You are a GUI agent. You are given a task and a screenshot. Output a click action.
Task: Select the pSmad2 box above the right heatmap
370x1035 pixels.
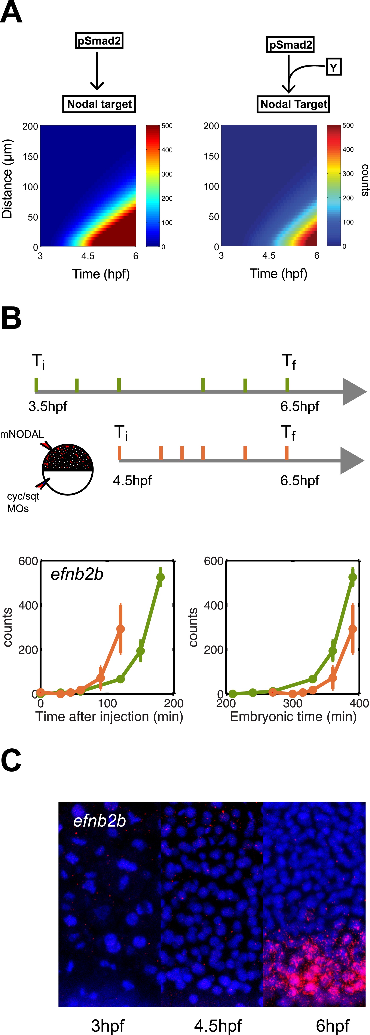290,45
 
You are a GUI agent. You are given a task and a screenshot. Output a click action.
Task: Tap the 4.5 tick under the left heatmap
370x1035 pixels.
88,256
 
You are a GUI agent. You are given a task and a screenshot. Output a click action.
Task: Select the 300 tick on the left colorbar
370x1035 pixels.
167,174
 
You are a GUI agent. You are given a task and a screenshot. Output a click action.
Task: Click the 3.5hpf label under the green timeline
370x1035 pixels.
48,407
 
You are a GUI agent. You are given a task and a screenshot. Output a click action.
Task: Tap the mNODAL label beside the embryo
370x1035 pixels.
22,434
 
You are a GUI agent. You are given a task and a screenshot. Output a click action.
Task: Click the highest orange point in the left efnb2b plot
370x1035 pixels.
120,629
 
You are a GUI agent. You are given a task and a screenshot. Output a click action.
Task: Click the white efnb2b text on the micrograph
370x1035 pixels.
100,821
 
